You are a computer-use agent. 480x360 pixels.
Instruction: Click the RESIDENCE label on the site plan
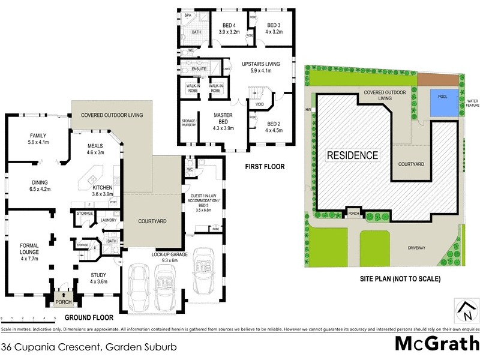(353, 155)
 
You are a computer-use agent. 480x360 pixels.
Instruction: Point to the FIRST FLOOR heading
(264, 167)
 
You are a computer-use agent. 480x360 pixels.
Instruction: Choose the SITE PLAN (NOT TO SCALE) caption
(400, 278)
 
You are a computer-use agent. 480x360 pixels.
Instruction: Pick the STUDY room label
(98, 277)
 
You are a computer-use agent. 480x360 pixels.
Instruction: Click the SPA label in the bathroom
(187, 15)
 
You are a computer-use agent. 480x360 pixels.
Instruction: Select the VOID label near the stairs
(259, 104)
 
